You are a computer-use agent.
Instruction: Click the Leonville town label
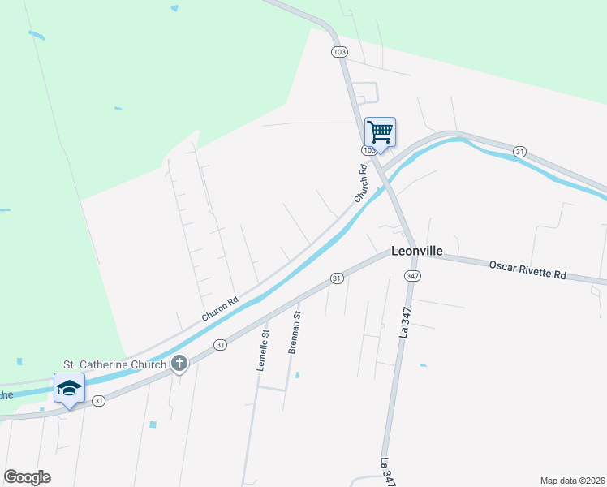pyautogui.click(x=417, y=251)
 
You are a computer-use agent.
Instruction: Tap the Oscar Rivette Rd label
pyautogui.click(x=527, y=269)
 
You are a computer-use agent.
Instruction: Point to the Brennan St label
pyautogui.click(x=295, y=332)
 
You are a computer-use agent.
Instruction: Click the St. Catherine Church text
pyautogui.click(x=115, y=364)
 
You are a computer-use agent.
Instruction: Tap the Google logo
pyautogui.click(x=27, y=477)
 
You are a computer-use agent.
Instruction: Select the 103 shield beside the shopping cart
pyautogui.click(x=369, y=150)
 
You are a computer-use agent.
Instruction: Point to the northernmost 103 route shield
pyautogui.click(x=339, y=51)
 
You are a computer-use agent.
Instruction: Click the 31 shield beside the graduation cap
pyautogui.click(x=98, y=400)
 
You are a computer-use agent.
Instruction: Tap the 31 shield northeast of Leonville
pyautogui.click(x=520, y=151)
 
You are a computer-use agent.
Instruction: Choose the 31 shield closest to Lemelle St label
pyautogui.click(x=219, y=345)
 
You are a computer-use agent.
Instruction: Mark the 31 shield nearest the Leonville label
pyautogui.click(x=335, y=278)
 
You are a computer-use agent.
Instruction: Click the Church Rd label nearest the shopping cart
pyautogui.click(x=361, y=184)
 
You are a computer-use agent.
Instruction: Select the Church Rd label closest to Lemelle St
pyautogui.click(x=220, y=309)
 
